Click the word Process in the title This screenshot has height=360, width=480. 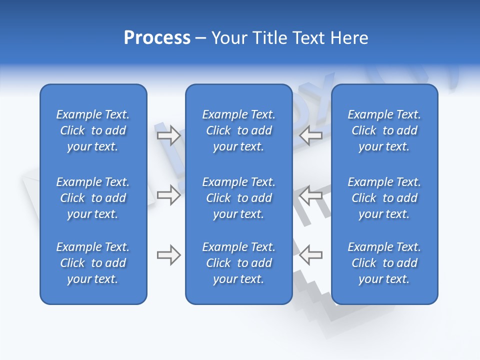pos(157,38)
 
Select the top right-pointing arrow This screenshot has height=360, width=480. pos(168,135)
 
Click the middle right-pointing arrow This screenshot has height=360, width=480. pos(168,194)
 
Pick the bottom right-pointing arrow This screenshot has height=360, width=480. pos(168,255)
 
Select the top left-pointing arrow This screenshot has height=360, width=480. pos(310,135)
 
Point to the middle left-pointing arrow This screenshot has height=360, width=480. pos(310,194)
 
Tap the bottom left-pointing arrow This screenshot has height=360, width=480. pos(310,255)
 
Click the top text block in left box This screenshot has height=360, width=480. pos(93,130)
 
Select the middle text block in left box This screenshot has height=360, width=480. pos(93,198)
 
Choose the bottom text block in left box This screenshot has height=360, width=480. pos(93,263)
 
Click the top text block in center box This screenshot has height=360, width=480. pos(238,130)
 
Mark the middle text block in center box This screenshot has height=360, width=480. pos(238,198)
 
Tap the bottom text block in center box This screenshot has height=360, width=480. pos(238,263)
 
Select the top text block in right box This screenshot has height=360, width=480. pos(384,130)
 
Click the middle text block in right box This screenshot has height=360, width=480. pos(384,198)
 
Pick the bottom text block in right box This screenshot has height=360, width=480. pos(384,263)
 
